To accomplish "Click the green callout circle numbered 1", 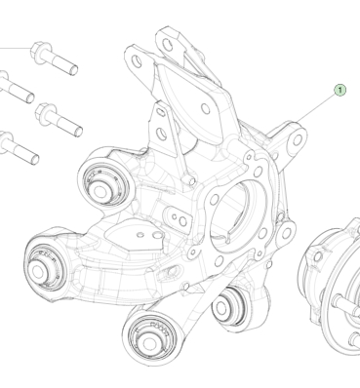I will (x=340, y=90).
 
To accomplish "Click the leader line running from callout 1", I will (x=315, y=110).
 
